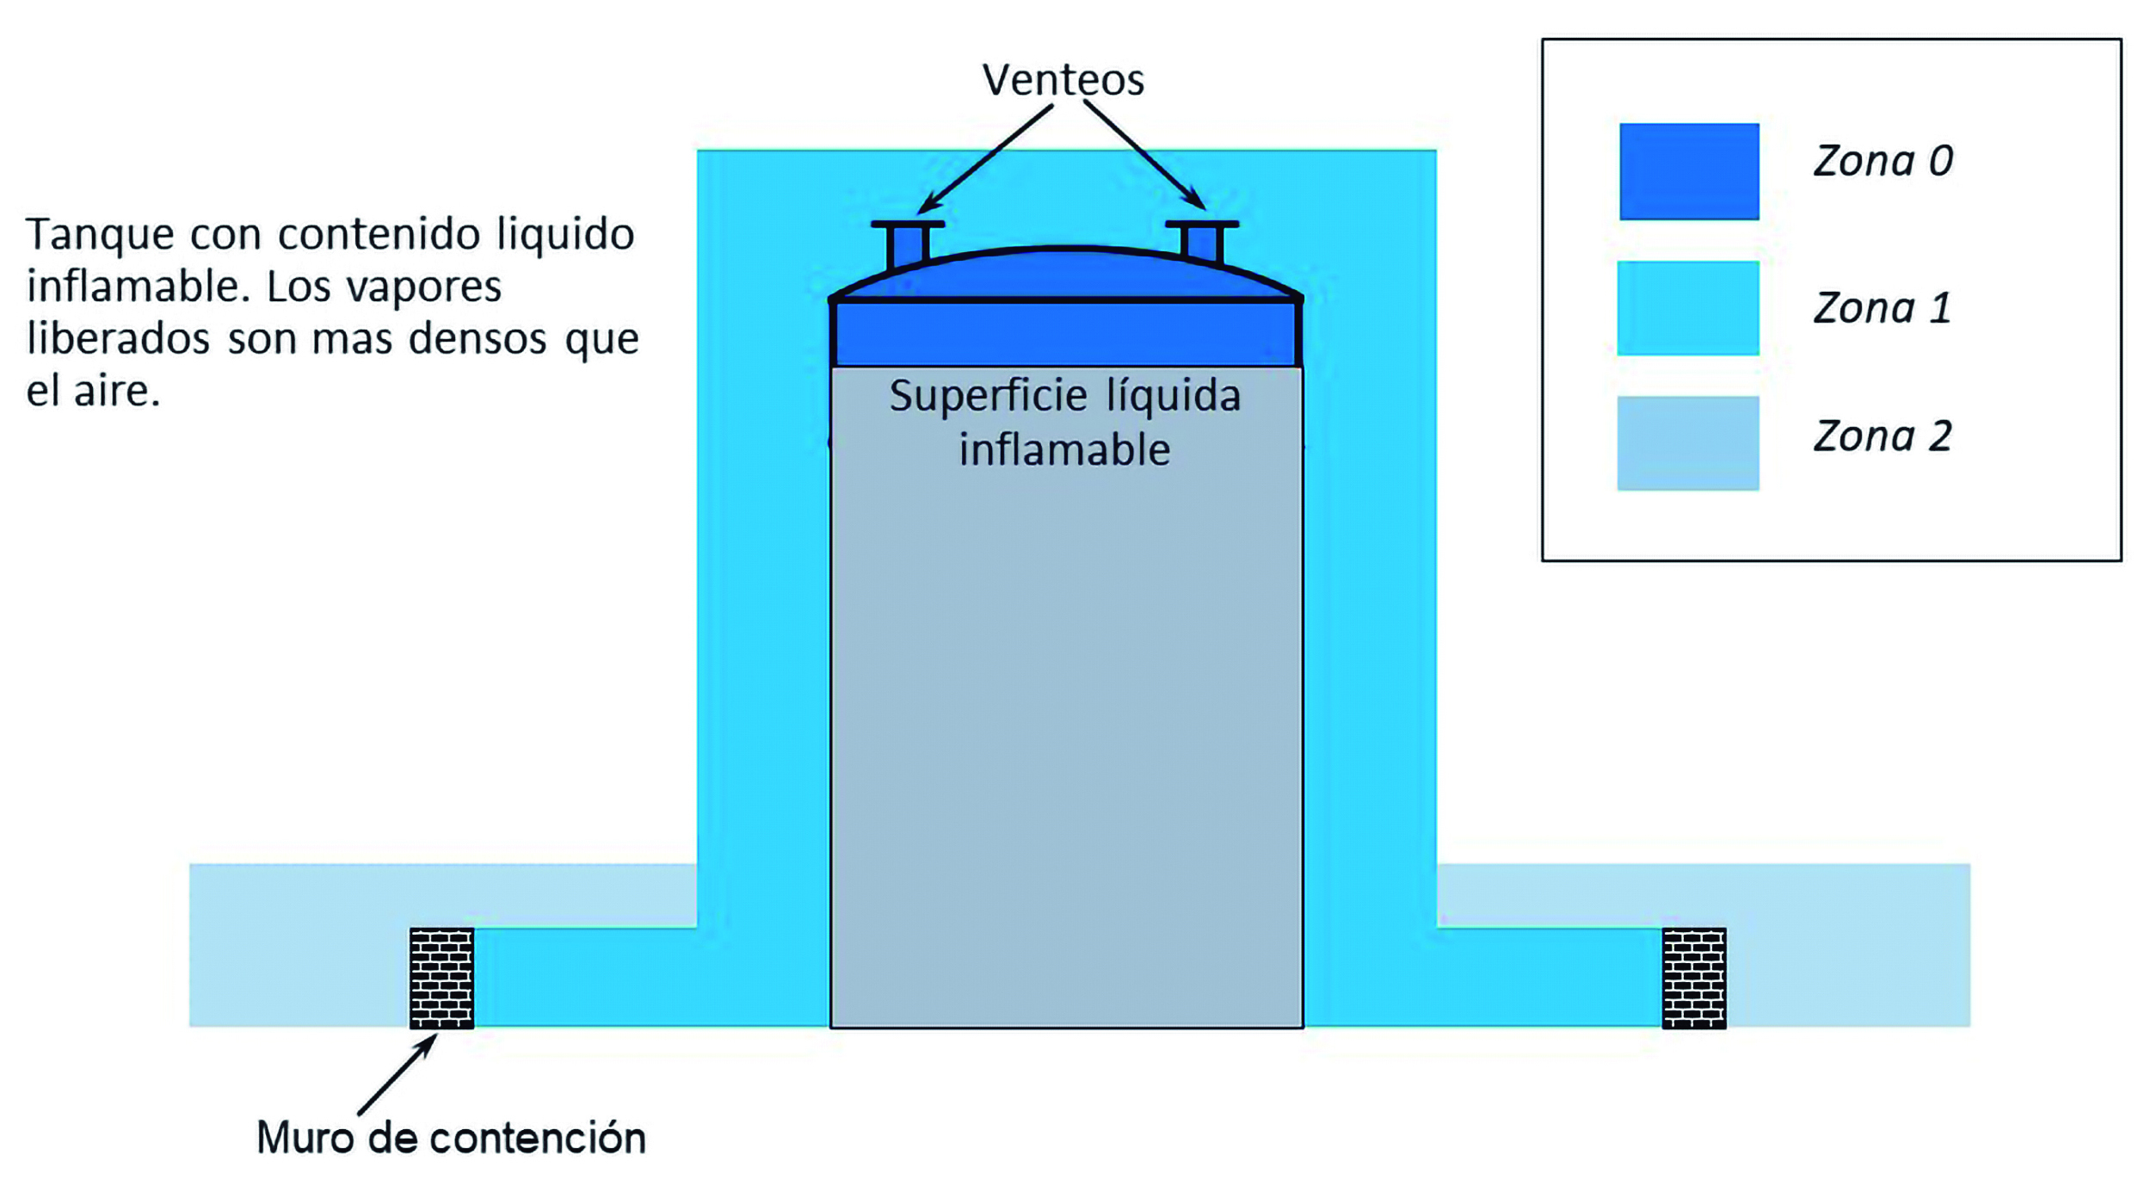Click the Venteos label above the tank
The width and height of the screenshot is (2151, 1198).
click(1063, 80)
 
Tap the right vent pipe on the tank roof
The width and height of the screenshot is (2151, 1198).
click(1202, 241)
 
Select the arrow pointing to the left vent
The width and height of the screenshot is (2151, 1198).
click(986, 158)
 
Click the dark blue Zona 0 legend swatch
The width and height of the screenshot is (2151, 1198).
click(1689, 171)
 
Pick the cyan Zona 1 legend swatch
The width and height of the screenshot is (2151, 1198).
click(1688, 308)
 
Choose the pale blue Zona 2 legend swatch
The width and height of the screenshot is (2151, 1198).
click(1688, 443)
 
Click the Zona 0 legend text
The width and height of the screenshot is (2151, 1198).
click(1883, 161)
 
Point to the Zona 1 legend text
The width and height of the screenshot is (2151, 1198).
click(1882, 308)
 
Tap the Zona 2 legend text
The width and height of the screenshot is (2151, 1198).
click(1883, 436)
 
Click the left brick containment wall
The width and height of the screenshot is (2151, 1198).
click(441, 979)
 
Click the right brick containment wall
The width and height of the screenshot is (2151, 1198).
click(1694, 979)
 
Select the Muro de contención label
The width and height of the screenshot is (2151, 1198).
click(451, 1139)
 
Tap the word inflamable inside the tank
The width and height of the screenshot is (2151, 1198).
click(1064, 450)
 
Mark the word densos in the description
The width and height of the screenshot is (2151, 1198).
click(478, 339)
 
